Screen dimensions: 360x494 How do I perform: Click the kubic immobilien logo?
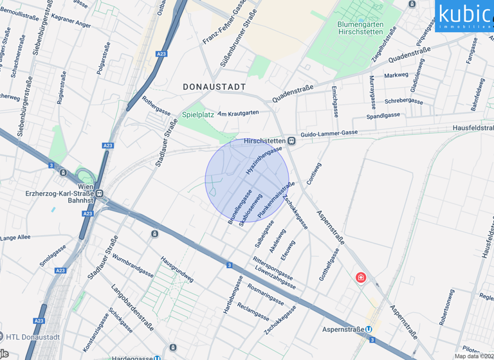pos(464,15)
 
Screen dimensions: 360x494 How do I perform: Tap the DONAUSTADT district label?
pos(214,87)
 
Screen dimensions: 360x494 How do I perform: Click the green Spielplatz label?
pos(197,114)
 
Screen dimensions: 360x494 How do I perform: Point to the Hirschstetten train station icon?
pos(291,141)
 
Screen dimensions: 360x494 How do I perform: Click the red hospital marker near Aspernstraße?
pos(361,278)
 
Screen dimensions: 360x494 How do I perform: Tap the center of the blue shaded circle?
pos(247,177)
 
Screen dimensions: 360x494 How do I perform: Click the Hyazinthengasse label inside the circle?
pos(264,161)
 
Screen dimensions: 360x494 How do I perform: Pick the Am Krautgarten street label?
pos(238,113)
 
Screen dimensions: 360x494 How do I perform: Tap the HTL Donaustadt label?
pos(32,337)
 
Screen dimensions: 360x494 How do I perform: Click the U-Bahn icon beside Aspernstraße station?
pos(369,330)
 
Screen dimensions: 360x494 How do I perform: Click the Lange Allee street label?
pos(15,237)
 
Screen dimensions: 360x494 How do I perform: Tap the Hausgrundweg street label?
pos(177,269)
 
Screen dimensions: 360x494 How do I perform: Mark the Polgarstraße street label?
pos(104,59)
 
